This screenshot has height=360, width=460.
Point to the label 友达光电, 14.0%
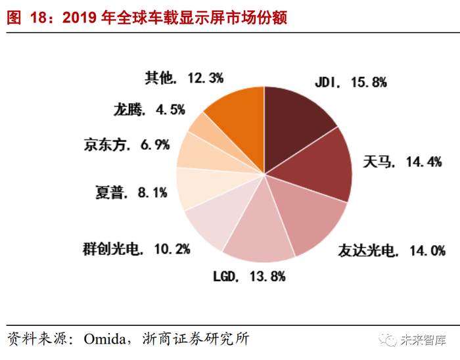point(392,250)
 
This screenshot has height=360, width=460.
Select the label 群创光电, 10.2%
point(137,249)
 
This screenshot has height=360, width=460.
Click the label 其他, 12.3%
point(183,78)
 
